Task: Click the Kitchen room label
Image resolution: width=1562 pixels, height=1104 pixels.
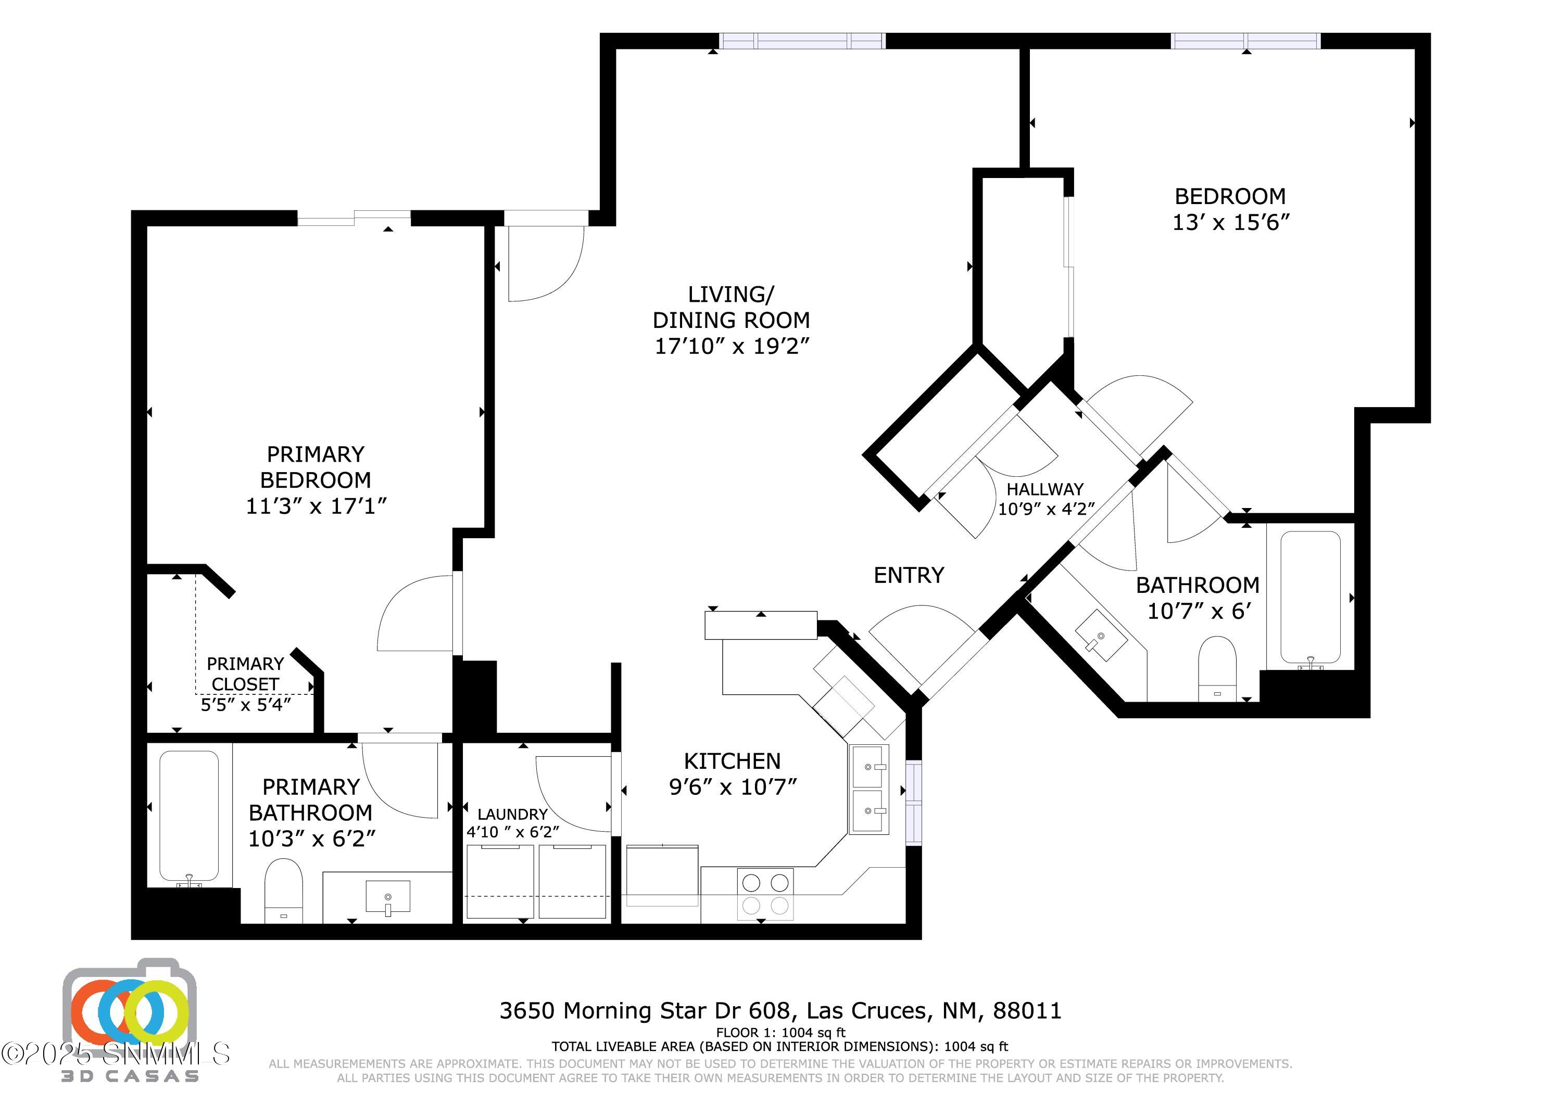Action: click(732, 760)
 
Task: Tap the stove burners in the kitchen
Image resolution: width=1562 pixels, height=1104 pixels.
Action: click(765, 894)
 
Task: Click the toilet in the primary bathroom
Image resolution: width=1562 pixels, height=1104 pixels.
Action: click(283, 890)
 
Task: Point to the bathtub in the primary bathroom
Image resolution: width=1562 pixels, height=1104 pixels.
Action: click(189, 816)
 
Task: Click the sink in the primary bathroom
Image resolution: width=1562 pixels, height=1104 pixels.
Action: click(388, 897)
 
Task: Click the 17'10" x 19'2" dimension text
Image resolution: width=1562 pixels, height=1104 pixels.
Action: click(732, 346)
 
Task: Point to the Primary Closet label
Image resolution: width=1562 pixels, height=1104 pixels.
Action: click(245, 674)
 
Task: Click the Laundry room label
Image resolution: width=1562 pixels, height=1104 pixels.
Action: click(512, 814)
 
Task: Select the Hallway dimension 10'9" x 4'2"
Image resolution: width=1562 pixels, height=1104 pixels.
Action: click(1045, 509)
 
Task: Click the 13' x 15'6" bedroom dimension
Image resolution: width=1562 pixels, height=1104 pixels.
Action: click(1230, 222)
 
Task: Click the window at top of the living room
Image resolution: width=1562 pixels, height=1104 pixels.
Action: click(803, 42)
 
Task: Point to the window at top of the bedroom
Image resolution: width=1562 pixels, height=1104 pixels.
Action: click(1245, 42)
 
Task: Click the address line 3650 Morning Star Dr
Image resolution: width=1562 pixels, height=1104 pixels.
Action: click(780, 1011)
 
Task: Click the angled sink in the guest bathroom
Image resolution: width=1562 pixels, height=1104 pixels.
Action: click(1100, 635)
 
